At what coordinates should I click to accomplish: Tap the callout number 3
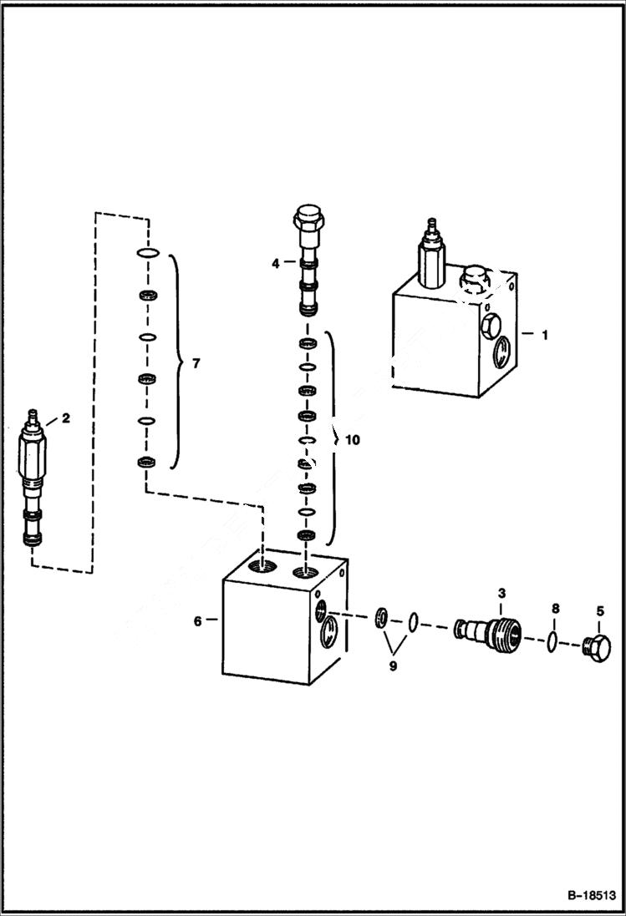501,593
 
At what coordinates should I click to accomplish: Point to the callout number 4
275,264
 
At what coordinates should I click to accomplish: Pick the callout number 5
599,610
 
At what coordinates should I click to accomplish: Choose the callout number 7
196,363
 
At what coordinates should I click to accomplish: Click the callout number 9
394,666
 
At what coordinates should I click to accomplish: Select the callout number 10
352,440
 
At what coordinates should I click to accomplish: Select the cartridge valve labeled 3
486,630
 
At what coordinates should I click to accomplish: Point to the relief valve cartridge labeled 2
33,481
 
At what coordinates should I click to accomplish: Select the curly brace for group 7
176,361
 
